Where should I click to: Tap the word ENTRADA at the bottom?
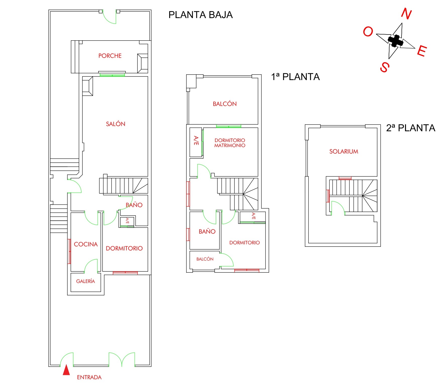click(89, 377)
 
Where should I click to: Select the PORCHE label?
click(110, 56)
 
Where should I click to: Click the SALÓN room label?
click(115, 124)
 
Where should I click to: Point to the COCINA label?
click(86, 244)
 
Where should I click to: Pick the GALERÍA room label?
click(85, 281)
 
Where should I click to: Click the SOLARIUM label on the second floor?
click(343, 152)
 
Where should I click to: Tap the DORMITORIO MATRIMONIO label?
click(230, 143)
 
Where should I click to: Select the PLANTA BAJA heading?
click(201, 15)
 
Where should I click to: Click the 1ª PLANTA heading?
click(295, 77)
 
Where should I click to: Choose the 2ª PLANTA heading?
click(411, 128)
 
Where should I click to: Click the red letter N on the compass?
click(406, 14)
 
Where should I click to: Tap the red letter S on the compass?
click(385, 67)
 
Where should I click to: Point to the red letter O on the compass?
click(368, 32)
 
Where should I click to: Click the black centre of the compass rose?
click(395, 41)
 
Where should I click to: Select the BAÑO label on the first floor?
click(207, 232)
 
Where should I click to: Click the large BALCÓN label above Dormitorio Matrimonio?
click(225, 104)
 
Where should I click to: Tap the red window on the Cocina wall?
click(69, 251)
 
